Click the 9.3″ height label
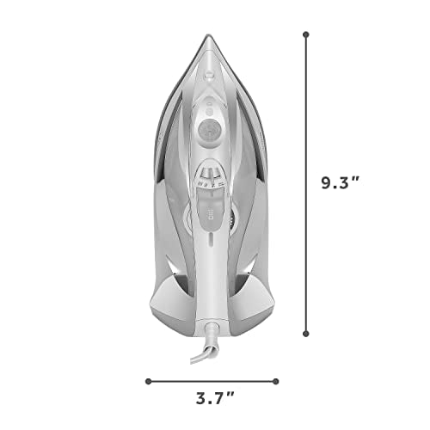(340, 183)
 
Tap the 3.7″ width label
(215, 398)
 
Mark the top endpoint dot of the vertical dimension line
(306, 34)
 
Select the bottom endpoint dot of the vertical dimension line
(306, 334)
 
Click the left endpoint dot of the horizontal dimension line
(148, 381)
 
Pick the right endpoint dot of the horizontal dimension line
(276, 381)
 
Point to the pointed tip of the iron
(207, 35)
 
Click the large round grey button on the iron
(209, 129)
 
